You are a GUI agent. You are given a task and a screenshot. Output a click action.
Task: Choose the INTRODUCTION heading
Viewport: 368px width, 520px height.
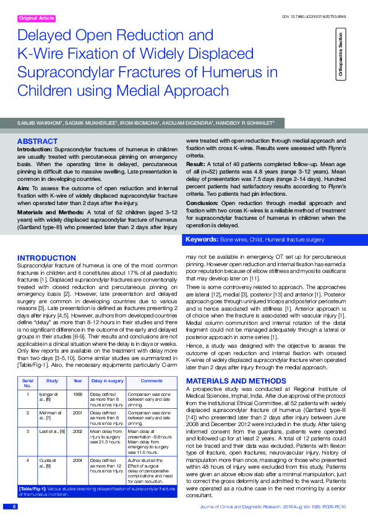pyautogui.click(x=46, y=258)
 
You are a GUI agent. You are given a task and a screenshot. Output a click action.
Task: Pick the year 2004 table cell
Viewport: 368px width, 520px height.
pyautogui.click(x=77, y=459)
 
